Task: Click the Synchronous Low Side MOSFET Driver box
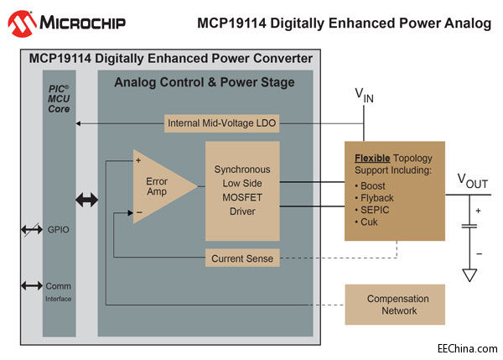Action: tap(242, 190)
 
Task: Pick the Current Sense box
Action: tap(243, 258)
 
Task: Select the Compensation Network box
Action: tap(397, 305)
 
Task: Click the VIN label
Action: tap(364, 96)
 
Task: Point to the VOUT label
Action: tap(473, 180)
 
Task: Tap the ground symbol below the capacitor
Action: tap(469, 274)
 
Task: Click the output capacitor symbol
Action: tap(469, 224)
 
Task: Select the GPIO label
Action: tap(57, 228)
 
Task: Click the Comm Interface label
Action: tap(57, 290)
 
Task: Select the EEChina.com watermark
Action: tap(465, 347)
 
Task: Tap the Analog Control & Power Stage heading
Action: tap(205, 82)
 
